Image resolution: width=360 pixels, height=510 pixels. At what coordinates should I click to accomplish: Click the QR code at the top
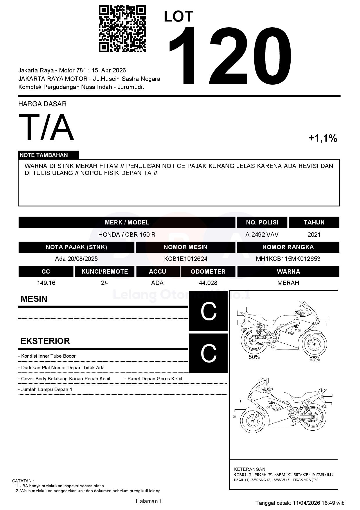coord(122,28)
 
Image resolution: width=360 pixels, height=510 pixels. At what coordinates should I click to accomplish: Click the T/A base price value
coord(46,127)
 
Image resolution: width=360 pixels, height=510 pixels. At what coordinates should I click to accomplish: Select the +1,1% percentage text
coord(323,138)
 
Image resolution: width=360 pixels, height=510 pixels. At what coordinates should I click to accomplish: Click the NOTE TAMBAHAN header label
coord(44,155)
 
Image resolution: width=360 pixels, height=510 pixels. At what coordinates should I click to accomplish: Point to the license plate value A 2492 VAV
coord(262,235)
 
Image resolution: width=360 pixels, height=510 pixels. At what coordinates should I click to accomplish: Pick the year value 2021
coord(314,235)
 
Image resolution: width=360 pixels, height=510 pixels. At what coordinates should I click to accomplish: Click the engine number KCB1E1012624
coord(186,259)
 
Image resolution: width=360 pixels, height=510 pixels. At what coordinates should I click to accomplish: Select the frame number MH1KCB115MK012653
coord(288,259)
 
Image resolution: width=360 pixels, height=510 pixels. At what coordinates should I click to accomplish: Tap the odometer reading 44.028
coord(208,283)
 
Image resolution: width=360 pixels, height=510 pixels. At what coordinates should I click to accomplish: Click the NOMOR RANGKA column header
coord(288,247)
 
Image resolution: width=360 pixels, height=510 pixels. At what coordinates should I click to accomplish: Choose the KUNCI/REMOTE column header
coord(105,272)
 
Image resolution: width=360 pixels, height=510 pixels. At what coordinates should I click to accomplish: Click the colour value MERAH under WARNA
coord(288,283)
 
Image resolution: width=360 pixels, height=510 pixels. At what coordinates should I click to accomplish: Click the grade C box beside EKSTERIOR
coord(208,354)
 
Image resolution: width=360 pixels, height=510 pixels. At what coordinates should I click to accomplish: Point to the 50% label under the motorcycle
coord(254,357)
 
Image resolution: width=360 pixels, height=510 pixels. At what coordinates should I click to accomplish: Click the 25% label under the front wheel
coord(314,359)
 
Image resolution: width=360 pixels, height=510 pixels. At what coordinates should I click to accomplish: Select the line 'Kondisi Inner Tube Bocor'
coord(48,356)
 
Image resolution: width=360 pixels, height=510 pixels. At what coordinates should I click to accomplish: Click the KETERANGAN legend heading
coord(250,469)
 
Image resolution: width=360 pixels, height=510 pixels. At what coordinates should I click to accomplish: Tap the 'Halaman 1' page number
coord(149,501)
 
